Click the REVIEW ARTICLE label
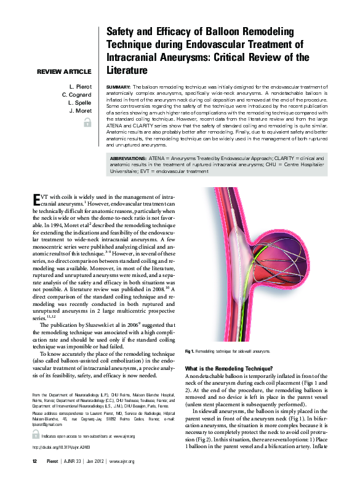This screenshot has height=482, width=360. click(x=64, y=72)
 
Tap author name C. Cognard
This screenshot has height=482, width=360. click(x=76, y=95)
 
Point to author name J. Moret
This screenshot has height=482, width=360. click(x=80, y=111)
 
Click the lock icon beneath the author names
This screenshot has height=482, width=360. click(x=87, y=123)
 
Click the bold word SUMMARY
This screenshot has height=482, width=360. click(x=118, y=87)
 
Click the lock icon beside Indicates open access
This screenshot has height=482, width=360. click(x=36, y=436)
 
